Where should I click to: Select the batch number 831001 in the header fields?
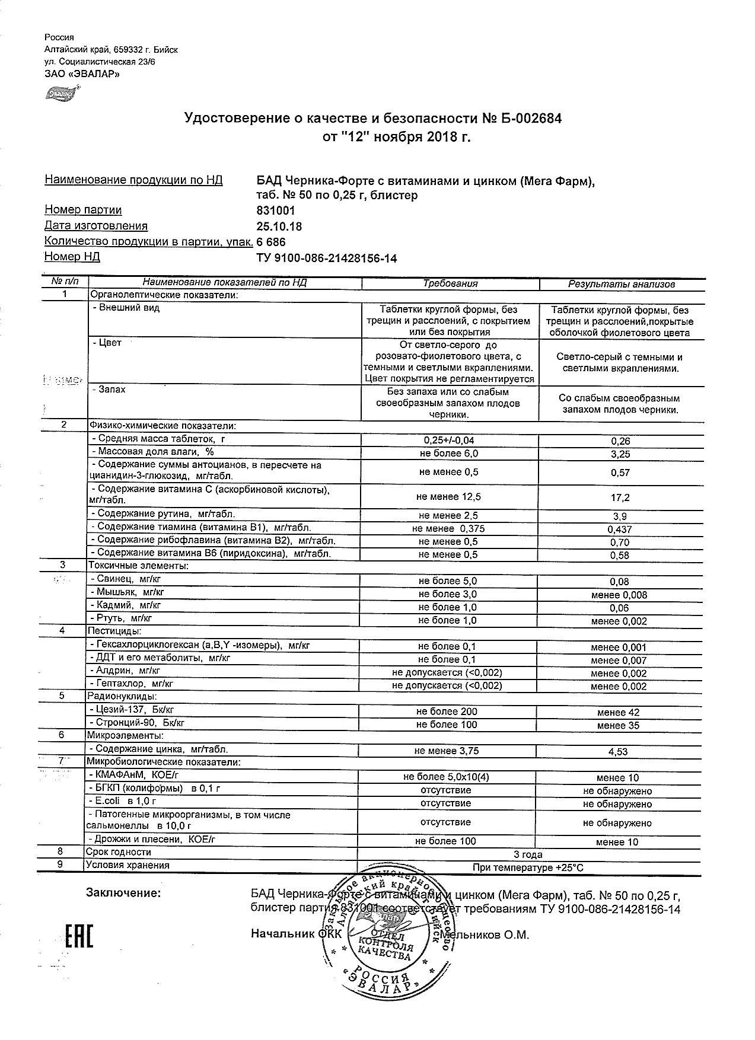pos(276,210)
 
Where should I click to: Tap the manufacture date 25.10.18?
pos(278,226)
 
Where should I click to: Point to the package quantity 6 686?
pos(271,242)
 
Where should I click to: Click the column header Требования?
pos(450,283)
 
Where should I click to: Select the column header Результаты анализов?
pos(621,284)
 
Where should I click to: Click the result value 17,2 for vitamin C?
pos(620,497)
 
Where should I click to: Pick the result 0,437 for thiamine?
pos(620,529)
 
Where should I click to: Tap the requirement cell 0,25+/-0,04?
pos(449,440)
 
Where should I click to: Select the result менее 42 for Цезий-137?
pos(618,713)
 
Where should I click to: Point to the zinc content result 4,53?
pos(619,752)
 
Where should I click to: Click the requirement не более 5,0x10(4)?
pos(446,777)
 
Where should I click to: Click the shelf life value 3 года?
pos(527,854)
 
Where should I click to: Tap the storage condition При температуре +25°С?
pos(528,867)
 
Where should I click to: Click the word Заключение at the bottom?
pos(123,893)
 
